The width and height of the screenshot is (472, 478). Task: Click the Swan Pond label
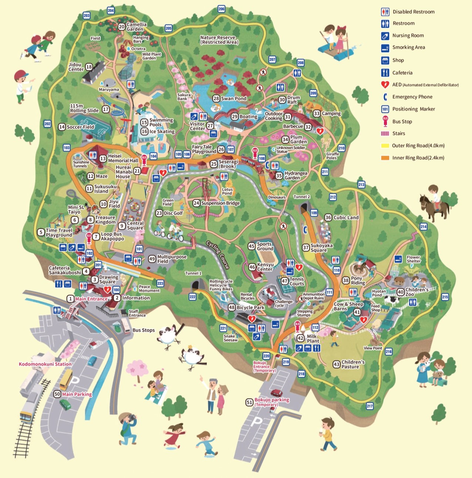click(233, 98)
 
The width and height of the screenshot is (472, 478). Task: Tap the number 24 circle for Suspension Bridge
click(196, 203)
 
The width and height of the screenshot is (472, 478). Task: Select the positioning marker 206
click(221, 9)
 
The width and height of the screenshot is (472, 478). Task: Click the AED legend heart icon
click(385, 85)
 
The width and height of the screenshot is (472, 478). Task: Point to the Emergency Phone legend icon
click(385, 97)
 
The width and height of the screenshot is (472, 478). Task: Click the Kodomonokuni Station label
click(45, 364)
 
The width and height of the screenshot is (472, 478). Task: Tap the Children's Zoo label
click(417, 292)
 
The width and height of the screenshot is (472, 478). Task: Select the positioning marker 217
click(370, 406)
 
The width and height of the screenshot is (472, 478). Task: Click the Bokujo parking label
click(272, 400)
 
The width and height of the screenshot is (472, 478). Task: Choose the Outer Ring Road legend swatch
click(385, 146)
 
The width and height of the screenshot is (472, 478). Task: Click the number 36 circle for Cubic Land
click(328, 217)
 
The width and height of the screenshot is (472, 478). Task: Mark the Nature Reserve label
click(218, 40)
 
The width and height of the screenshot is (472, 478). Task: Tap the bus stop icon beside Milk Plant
click(297, 326)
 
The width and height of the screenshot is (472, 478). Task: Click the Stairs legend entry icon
click(385, 133)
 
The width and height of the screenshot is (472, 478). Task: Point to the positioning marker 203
click(87, 16)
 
